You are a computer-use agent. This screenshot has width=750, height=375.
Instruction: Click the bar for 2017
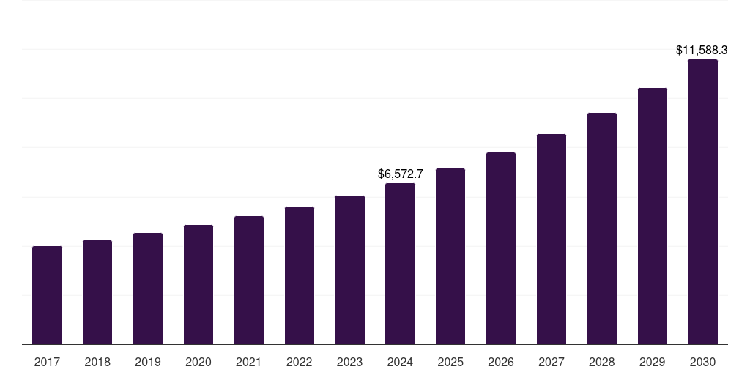(x=47, y=295)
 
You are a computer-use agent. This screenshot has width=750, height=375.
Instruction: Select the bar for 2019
(x=148, y=289)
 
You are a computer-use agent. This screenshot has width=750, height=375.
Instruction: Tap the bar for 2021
(x=249, y=280)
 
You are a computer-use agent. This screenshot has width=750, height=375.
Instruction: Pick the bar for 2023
(x=349, y=270)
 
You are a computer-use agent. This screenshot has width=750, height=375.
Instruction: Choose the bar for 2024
(x=400, y=264)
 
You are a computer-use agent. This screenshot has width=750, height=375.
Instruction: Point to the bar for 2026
(x=501, y=248)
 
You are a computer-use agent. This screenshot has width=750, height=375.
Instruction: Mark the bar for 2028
(x=602, y=229)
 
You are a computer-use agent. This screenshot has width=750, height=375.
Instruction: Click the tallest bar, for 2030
(x=702, y=201)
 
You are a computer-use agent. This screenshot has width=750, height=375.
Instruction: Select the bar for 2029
(x=653, y=216)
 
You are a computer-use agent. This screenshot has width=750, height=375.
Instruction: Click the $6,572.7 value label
(x=400, y=174)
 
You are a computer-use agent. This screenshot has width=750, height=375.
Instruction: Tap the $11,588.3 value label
(x=701, y=51)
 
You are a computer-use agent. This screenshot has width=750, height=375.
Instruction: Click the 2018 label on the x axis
(x=97, y=362)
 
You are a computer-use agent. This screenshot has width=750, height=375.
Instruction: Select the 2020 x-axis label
(x=198, y=362)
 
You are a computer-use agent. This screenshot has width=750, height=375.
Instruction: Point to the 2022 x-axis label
(x=299, y=362)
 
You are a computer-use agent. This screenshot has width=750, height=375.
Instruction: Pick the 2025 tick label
(x=450, y=362)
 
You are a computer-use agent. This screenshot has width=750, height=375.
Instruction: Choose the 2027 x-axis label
(x=552, y=362)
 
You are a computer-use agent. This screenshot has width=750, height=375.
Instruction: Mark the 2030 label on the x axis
(x=702, y=362)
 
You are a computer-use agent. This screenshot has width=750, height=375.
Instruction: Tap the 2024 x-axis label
(x=400, y=362)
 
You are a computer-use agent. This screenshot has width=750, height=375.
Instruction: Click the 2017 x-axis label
(x=47, y=362)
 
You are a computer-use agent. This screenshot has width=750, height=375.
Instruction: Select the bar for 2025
(x=450, y=256)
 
